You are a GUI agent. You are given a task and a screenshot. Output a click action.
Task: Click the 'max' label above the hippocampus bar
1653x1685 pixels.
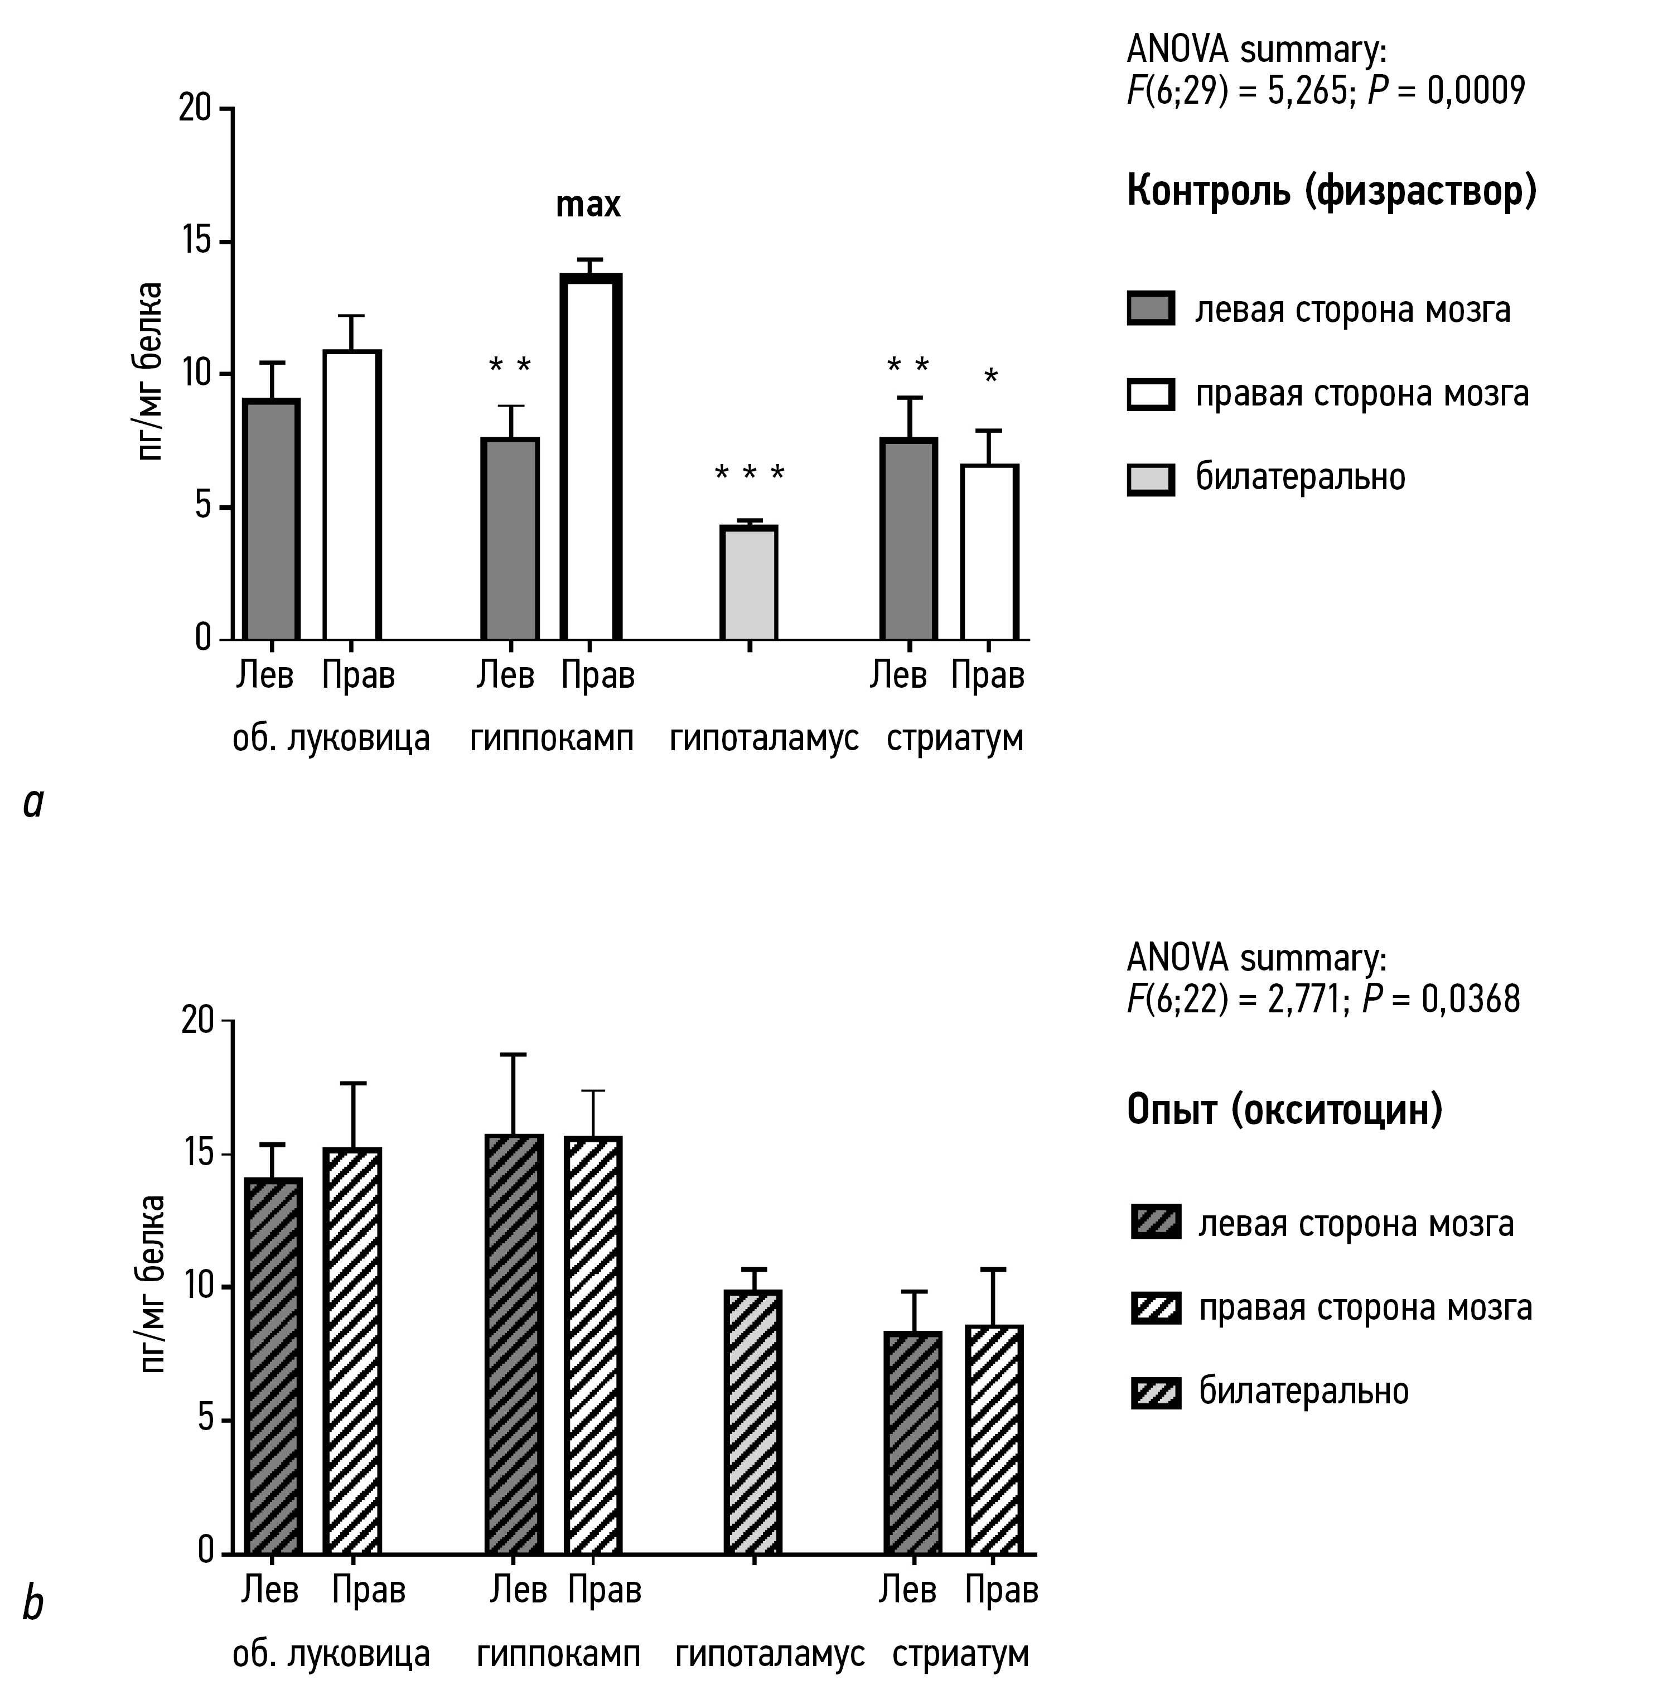(588, 205)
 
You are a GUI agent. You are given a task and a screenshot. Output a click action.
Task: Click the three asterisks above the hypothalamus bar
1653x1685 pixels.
(749, 474)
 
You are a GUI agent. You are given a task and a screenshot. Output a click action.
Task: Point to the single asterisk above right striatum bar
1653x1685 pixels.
(990, 376)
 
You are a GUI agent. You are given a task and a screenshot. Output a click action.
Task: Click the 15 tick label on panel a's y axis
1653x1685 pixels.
(195, 242)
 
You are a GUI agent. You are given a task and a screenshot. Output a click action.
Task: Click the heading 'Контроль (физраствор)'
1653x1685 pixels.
(1331, 190)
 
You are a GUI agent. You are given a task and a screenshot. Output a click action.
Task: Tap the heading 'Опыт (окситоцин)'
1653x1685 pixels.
(1284, 1109)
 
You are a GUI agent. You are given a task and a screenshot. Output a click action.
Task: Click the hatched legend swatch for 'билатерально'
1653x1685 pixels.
(1156, 1392)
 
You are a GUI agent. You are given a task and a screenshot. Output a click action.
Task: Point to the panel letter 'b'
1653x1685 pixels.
(33, 1604)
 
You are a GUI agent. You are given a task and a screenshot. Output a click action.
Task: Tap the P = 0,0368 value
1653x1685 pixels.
(1441, 999)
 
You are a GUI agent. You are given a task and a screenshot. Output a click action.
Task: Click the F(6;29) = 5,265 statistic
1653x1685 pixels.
(1236, 91)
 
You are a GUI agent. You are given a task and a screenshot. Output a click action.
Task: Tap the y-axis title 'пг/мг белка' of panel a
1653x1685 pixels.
(151, 371)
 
